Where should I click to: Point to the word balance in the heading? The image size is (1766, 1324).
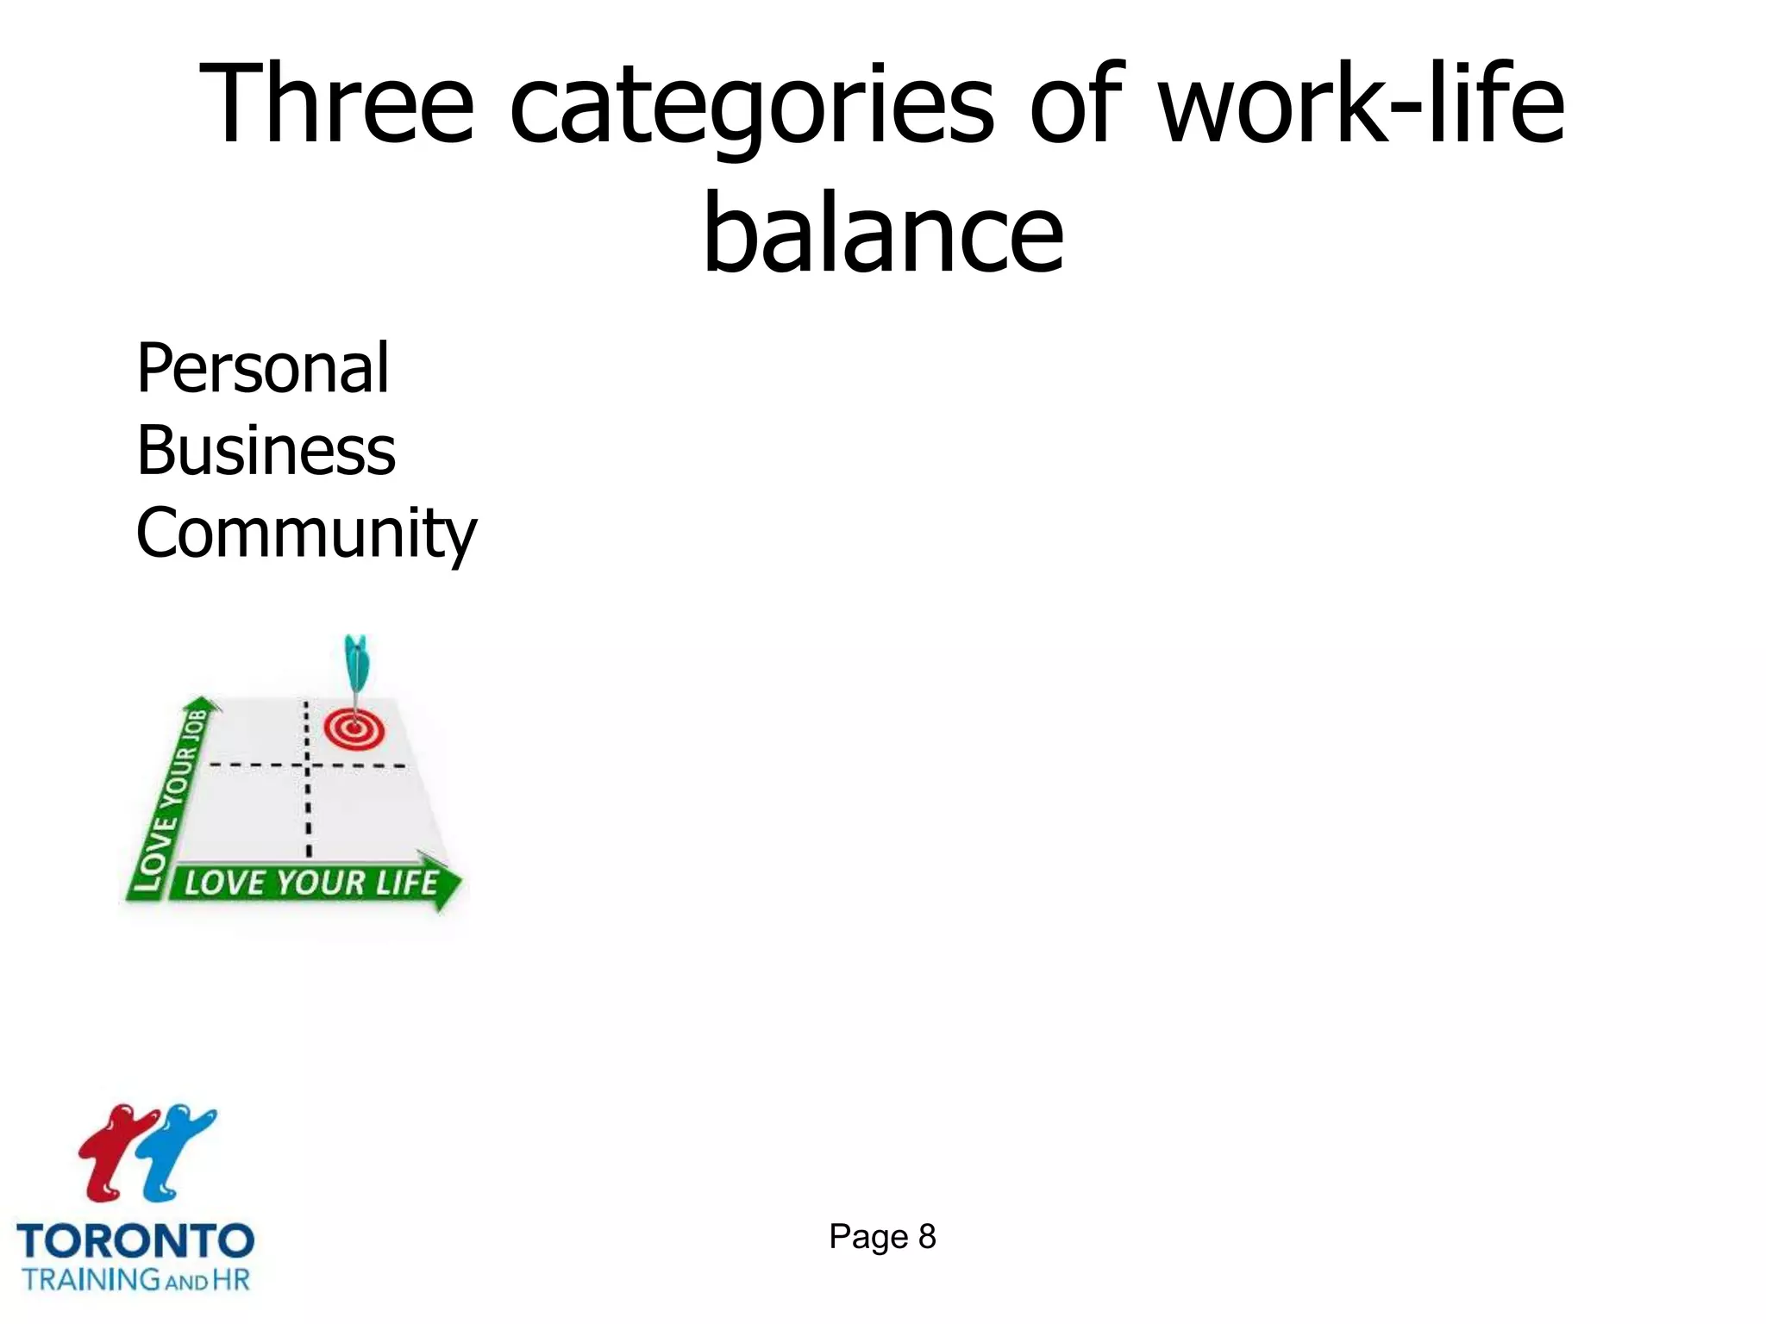tap(883, 233)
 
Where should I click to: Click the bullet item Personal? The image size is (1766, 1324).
tap(263, 368)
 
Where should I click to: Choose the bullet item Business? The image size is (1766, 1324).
tap(266, 451)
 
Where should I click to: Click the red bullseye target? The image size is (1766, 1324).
tap(354, 729)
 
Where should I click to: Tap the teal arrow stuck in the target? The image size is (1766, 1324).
tap(355, 668)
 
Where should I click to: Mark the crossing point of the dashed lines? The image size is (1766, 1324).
tap(307, 765)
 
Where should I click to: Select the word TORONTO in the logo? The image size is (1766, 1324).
tap(135, 1242)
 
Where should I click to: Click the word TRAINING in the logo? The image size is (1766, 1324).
tap(91, 1279)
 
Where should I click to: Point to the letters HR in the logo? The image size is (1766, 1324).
tap(231, 1279)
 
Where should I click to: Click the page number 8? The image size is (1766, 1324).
tap(927, 1237)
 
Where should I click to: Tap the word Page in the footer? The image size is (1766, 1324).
tap(868, 1237)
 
